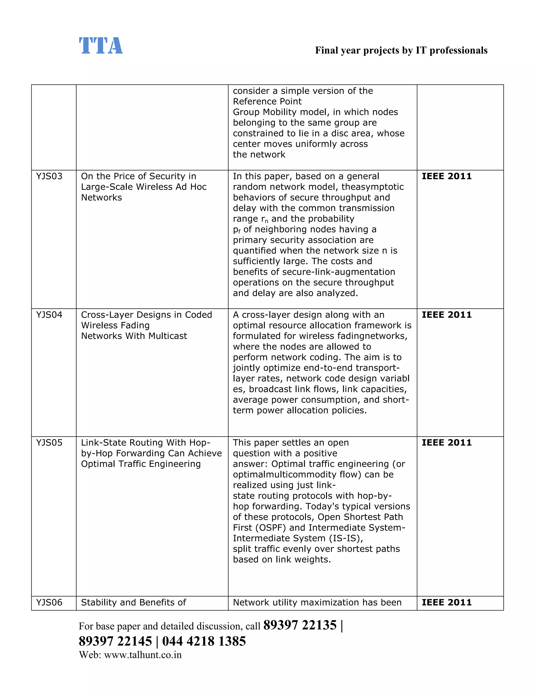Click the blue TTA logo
101,46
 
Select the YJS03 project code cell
49,176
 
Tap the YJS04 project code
49,315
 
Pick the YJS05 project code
49,443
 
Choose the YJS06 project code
49,602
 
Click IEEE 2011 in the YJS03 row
446,176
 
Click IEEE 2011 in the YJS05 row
446,443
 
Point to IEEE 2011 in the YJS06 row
446,602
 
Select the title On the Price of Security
138,176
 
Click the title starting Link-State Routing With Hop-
146,443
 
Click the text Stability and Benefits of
133,602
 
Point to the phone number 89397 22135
300,625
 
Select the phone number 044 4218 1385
204,641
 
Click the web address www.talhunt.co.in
143,655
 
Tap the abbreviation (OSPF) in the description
269,527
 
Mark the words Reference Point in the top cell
267,101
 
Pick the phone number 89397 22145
115,641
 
